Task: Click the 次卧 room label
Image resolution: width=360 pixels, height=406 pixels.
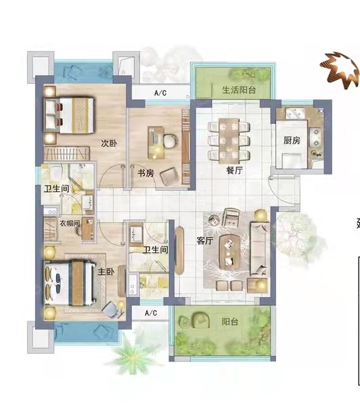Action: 109,143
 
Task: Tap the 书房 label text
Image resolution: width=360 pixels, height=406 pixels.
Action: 145,173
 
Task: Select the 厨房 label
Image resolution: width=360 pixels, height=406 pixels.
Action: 292,140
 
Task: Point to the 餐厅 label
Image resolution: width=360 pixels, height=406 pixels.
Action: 234,170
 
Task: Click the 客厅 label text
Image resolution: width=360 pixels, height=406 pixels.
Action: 204,241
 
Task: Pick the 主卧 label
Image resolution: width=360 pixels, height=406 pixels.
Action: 106,271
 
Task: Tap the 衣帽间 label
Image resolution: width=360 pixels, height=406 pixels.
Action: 70,223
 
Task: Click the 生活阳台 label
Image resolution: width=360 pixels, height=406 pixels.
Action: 239,90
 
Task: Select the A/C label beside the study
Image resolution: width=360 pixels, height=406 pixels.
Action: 160,93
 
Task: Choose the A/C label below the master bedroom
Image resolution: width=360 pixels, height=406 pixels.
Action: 151,313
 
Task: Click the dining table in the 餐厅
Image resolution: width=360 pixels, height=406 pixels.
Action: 229,141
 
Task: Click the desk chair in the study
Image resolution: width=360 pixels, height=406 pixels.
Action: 171,141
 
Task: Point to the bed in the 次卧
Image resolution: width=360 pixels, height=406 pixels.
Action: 69,115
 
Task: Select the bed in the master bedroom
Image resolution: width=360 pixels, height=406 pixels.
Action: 70,283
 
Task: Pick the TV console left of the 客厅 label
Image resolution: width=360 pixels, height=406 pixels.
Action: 179,250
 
